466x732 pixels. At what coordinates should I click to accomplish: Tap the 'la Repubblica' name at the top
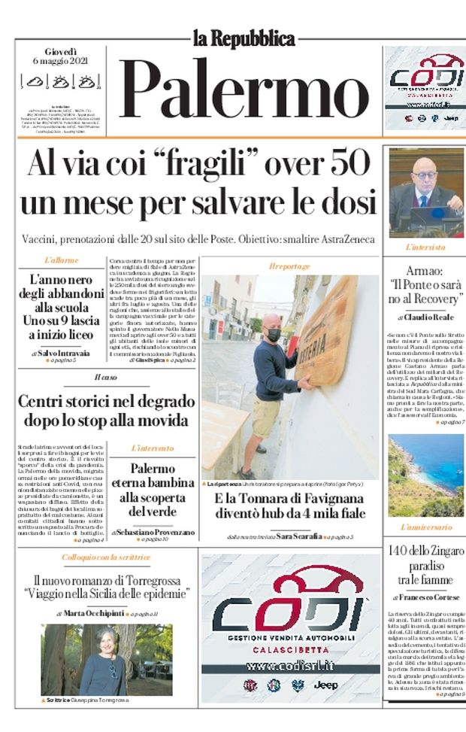(x=242, y=37)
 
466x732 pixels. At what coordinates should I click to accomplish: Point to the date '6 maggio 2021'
(x=61, y=61)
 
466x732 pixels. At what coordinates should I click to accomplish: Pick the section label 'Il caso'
(x=105, y=376)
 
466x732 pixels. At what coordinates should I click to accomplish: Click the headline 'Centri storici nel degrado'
(x=105, y=401)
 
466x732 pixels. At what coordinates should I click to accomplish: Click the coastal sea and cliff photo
(x=425, y=475)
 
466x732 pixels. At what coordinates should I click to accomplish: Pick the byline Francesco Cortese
(x=428, y=597)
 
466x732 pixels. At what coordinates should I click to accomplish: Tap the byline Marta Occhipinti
(x=94, y=613)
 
